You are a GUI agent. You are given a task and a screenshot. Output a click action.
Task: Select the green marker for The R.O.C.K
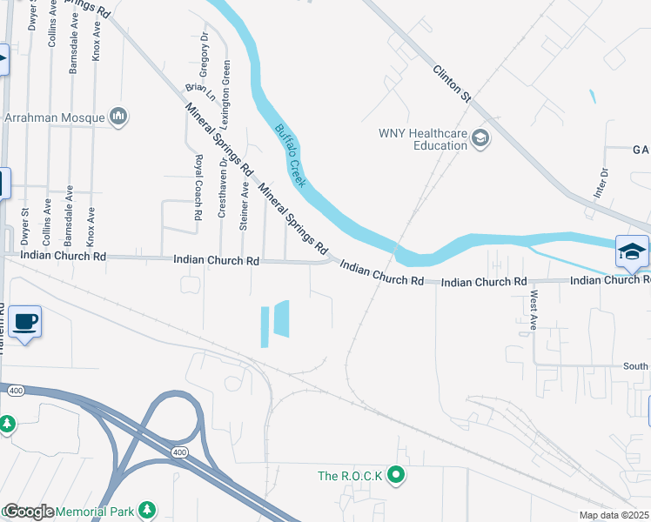coord(397,475)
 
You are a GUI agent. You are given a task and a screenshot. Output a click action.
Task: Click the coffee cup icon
coord(24,322)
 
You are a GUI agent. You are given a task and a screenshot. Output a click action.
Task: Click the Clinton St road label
coord(451,85)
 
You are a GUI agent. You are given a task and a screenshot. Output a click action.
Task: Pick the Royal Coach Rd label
coord(198,186)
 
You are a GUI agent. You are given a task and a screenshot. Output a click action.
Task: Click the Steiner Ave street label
coord(245,205)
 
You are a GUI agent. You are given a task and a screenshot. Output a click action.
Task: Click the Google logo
coord(28,512)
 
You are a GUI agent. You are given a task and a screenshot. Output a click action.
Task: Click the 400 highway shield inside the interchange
coord(179,452)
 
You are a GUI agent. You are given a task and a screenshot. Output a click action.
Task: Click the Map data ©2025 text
coord(614,515)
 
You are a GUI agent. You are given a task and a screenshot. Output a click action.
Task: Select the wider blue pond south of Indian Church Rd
coord(281,318)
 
